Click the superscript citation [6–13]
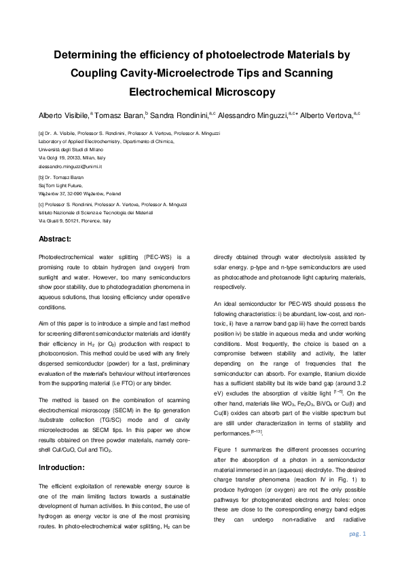261,413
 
